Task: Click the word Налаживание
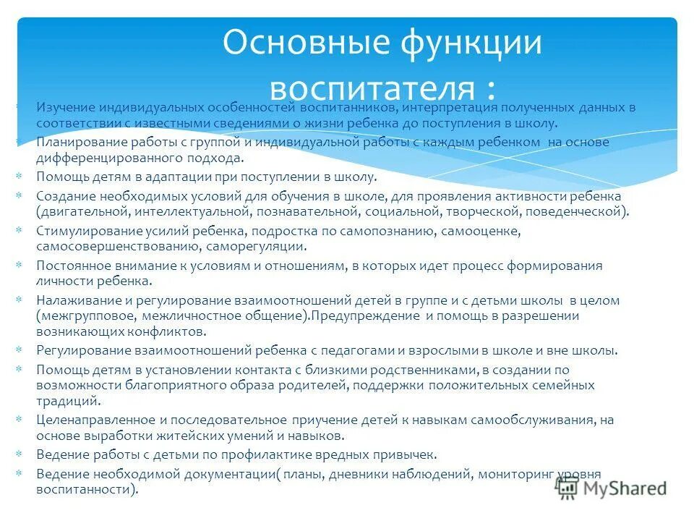[76, 300]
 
